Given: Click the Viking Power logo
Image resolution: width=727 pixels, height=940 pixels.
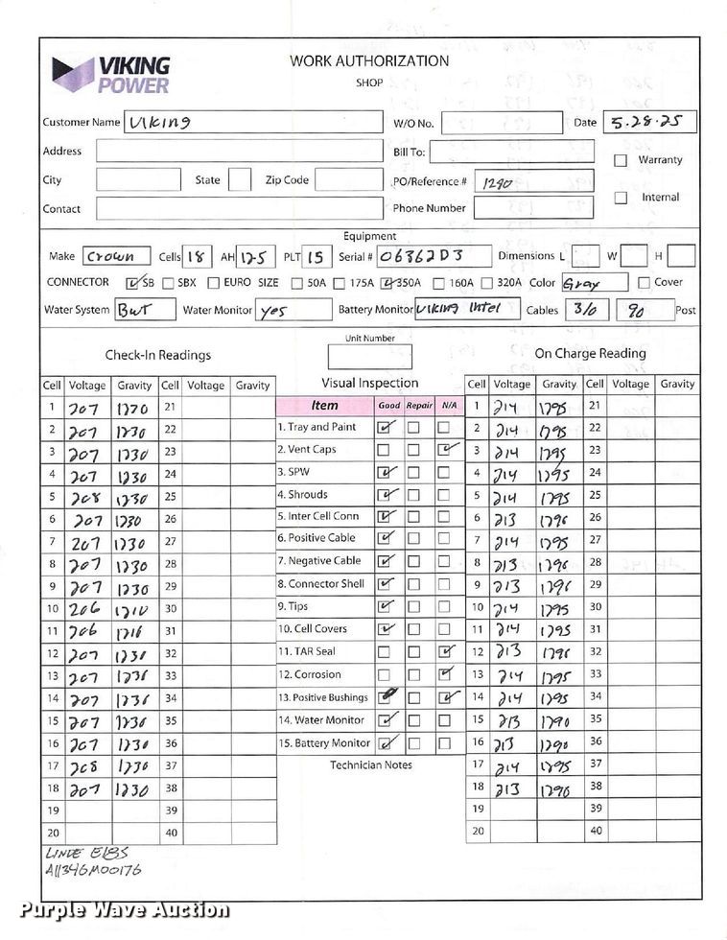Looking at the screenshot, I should tap(112, 74).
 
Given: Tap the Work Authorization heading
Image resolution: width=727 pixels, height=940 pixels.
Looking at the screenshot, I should tap(369, 60).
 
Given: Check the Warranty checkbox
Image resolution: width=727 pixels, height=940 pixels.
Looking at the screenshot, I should tap(621, 160).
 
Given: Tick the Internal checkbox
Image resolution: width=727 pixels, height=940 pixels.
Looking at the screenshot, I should tap(621, 198).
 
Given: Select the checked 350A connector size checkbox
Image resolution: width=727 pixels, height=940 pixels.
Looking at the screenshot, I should tap(387, 283).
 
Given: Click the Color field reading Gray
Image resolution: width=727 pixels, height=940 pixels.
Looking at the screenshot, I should tap(593, 283).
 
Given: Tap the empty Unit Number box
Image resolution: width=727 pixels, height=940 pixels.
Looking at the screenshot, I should tap(369, 357).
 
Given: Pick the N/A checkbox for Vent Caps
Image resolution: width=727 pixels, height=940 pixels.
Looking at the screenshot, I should tap(445, 449).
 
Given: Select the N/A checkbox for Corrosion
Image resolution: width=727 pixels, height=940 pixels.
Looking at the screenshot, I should tap(445, 674).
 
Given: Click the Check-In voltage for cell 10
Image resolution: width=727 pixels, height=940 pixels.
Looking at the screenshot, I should tap(84, 608).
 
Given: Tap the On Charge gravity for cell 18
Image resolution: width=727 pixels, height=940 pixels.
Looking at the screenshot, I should tap(557, 789).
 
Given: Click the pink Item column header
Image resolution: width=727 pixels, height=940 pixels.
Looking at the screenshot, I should tap(324, 405).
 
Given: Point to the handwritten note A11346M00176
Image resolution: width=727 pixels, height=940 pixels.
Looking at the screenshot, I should tap(93, 870).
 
